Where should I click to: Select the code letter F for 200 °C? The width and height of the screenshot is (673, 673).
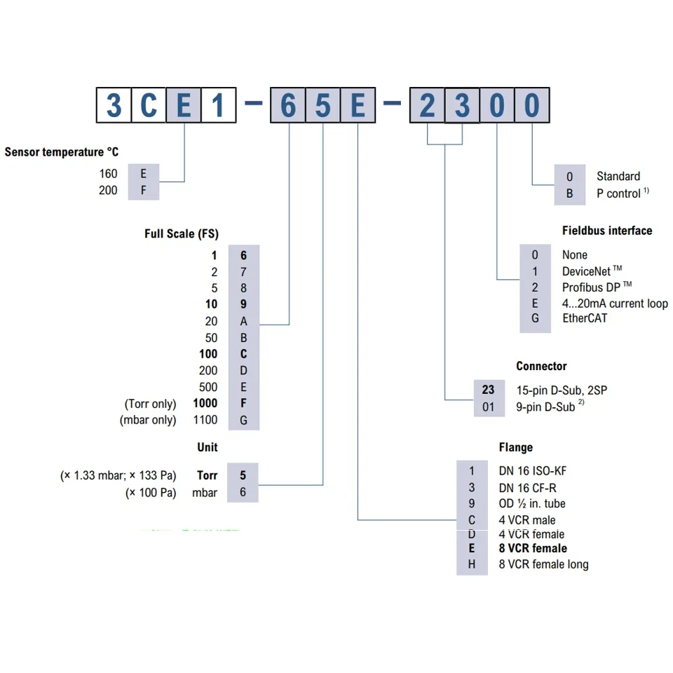click(144, 190)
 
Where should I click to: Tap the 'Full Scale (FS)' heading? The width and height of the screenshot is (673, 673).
click(181, 234)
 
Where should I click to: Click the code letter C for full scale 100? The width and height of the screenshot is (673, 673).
click(243, 354)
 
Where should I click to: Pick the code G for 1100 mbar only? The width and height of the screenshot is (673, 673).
click(243, 420)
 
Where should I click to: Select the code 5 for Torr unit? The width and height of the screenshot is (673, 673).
click(243, 475)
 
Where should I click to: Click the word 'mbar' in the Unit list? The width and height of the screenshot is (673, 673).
click(205, 493)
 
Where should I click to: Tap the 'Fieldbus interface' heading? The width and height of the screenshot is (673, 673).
click(606, 231)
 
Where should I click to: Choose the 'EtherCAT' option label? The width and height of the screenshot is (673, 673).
click(584, 318)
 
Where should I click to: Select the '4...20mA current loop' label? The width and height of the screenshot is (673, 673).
click(614, 304)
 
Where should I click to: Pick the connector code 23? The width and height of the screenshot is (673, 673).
click(488, 390)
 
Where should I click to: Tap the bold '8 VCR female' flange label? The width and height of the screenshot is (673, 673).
click(533, 548)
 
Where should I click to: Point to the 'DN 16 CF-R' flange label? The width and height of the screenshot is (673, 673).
click(528, 487)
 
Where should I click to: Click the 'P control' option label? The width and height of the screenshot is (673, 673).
click(618, 193)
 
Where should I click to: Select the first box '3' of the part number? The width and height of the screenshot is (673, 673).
click(114, 106)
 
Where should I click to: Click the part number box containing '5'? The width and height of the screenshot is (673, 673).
click(322, 106)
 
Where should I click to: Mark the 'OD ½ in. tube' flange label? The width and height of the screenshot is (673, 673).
click(531, 503)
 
